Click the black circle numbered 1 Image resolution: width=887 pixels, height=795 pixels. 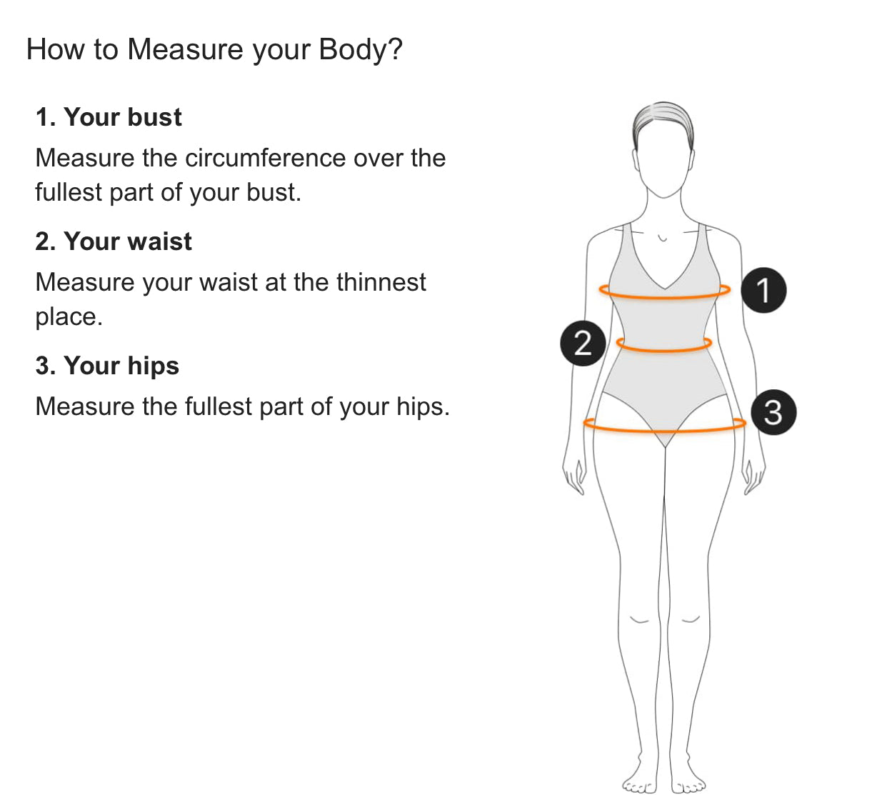(x=763, y=290)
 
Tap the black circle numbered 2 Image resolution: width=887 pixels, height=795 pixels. (x=583, y=343)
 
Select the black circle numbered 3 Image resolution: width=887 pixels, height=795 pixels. (x=773, y=411)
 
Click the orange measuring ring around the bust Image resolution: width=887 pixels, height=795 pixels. (x=664, y=297)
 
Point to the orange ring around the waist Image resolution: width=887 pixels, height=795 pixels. (x=664, y=350)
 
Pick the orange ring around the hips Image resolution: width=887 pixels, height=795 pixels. (x=664, y=431)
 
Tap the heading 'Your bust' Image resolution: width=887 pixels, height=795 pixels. (x=123, y=117)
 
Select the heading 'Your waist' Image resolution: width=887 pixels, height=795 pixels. (x=128, y=241)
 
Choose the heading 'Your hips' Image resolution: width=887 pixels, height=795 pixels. (x=121, y=366)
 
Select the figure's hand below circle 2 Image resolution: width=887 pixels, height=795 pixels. (x=574, y=476)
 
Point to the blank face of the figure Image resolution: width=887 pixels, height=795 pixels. (x=663, y=164)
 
